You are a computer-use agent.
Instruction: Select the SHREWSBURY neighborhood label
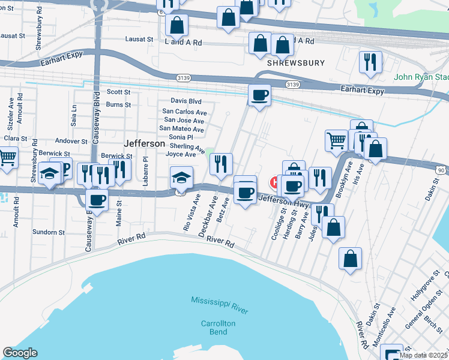point(296,62)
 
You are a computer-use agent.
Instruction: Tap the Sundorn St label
point(49,232)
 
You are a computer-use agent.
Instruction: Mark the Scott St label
point(118,92)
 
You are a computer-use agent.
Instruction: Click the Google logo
point(20,353)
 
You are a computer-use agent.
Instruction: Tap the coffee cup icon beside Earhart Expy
point(259,95)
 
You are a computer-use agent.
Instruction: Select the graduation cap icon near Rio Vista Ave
point(181,176)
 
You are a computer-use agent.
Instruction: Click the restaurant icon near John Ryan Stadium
point(370,61)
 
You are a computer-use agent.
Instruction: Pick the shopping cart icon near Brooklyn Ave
point(336,140)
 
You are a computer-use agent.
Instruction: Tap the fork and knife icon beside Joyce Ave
point(221,163)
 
